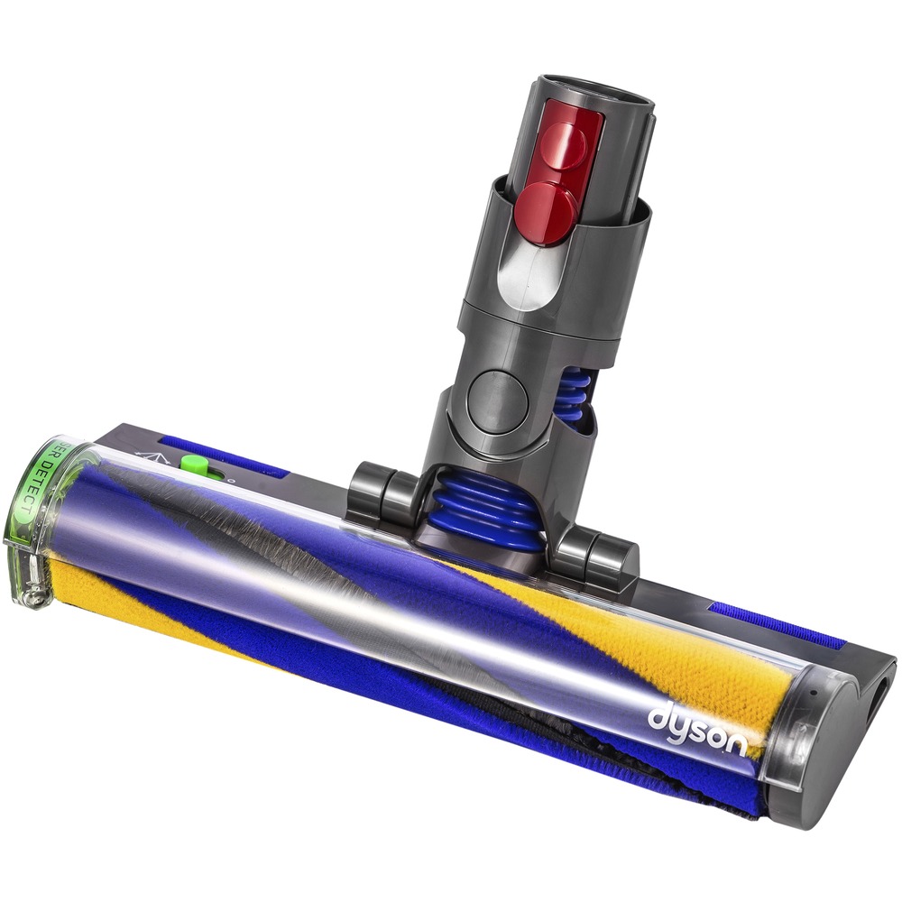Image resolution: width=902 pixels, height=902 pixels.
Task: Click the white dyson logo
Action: coord(696,727)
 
